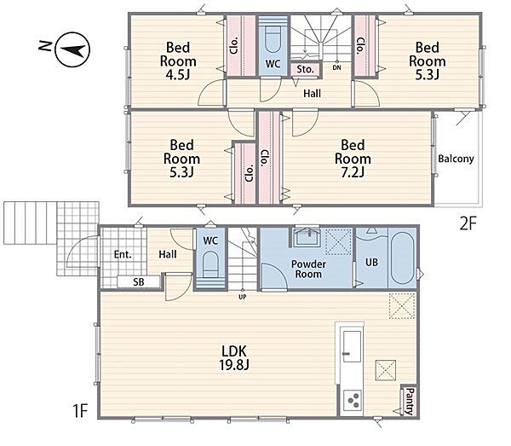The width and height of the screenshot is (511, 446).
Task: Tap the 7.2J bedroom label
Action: click(353, 159)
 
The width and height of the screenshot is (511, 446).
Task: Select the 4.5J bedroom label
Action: click(178, 61)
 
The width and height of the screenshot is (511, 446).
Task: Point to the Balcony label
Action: click(456, 159)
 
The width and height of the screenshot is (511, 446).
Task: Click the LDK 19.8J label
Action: click(234, 358)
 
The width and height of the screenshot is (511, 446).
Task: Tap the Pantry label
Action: click(411, 401)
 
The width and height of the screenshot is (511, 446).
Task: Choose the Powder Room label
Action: click(308, 269)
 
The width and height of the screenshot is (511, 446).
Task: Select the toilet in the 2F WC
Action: click(273, 38)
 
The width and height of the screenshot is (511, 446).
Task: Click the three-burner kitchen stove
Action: click(353, 400)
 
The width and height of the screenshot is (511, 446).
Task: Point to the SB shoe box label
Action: click(139, 282)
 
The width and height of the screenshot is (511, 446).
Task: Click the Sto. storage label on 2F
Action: click(306, 69)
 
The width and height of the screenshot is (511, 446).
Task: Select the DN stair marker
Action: click(337, 68)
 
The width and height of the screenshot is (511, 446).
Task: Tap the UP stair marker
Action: click(243, 298)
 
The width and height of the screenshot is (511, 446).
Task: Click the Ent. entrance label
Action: click(123, 254)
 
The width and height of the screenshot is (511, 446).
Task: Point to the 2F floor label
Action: click(468, 223)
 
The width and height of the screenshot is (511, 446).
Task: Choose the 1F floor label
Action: click(80, 410)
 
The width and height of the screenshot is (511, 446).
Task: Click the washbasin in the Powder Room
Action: click(307, 238)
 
